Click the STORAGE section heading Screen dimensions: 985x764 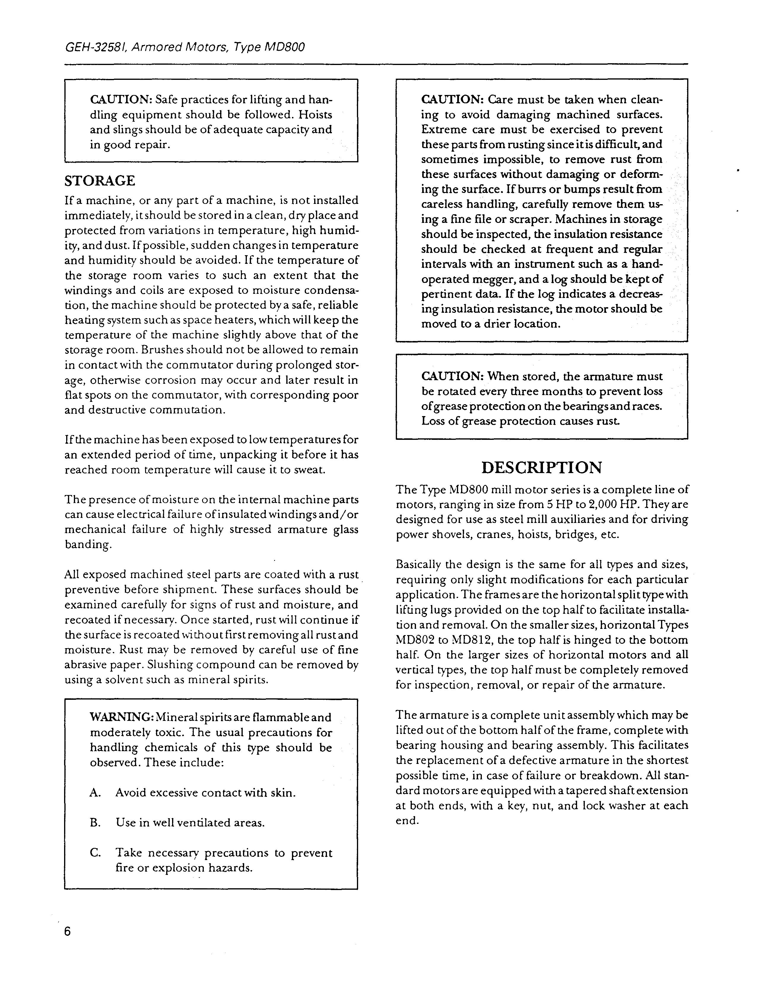click(x=100, y=181)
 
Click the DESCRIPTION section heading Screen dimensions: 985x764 click(x=542, y=468)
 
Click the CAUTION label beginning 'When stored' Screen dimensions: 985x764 click(x=451, y=376)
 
